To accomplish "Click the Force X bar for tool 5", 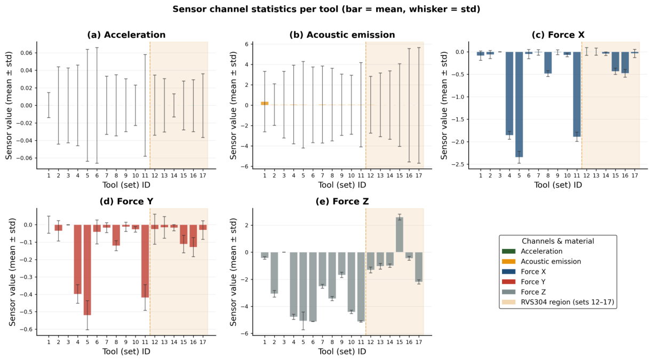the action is click(519, 105).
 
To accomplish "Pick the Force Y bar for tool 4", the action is click(77, 259).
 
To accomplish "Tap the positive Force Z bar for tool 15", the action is click(400, 235).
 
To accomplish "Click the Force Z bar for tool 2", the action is click(274, 273).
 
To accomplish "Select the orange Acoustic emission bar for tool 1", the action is click(265, 103).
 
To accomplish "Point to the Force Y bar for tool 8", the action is click(116, 235).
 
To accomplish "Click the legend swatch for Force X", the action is click(509, 271).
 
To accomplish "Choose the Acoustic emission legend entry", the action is click(541, 261).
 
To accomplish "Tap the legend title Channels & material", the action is click(558, 241).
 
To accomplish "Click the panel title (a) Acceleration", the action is click(126, 35).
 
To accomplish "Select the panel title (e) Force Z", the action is click(342, 202).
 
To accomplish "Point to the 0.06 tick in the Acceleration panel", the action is click(26, 53).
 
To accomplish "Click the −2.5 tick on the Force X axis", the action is click(458, 164).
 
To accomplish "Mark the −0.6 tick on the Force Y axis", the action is click(26, 330).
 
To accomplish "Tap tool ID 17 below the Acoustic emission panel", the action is click(419, 175).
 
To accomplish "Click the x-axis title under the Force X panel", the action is click(558, 185).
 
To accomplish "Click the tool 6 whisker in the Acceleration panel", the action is click(97, 105).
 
